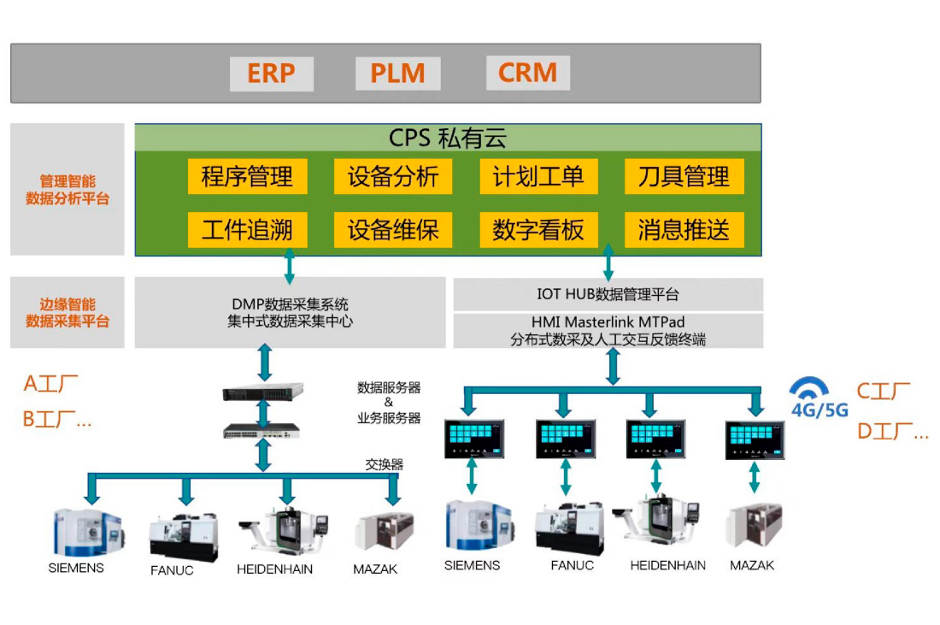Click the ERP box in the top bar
point(271,74)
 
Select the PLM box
point(397,74)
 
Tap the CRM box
point(527,74)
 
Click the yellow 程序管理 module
point(247,177)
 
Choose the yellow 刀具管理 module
point(684,177)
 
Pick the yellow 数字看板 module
point(538,230)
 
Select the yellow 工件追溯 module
point(247,230)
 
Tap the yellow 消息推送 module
point(684,230)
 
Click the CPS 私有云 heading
point(448,138)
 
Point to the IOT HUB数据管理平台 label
point(608,295)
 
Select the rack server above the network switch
point(263,393)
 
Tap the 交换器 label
point(385,465)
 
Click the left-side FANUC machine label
point(172,569)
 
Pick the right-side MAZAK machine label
point(752,565)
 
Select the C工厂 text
point(883,392)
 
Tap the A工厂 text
point(50,384)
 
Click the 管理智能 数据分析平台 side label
point(68,190)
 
